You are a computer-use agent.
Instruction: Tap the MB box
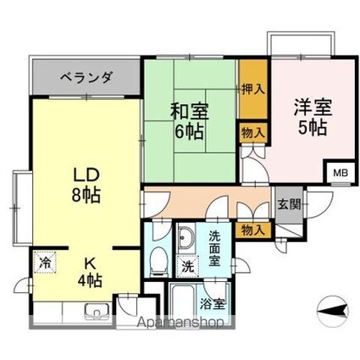click(339, 173)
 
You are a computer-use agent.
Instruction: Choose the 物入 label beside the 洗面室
click(252, 229)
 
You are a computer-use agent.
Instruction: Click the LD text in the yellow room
click(85, 175)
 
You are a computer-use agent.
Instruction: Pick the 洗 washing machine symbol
click(188, 266)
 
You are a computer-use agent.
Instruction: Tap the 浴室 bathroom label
click(213, 302)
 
